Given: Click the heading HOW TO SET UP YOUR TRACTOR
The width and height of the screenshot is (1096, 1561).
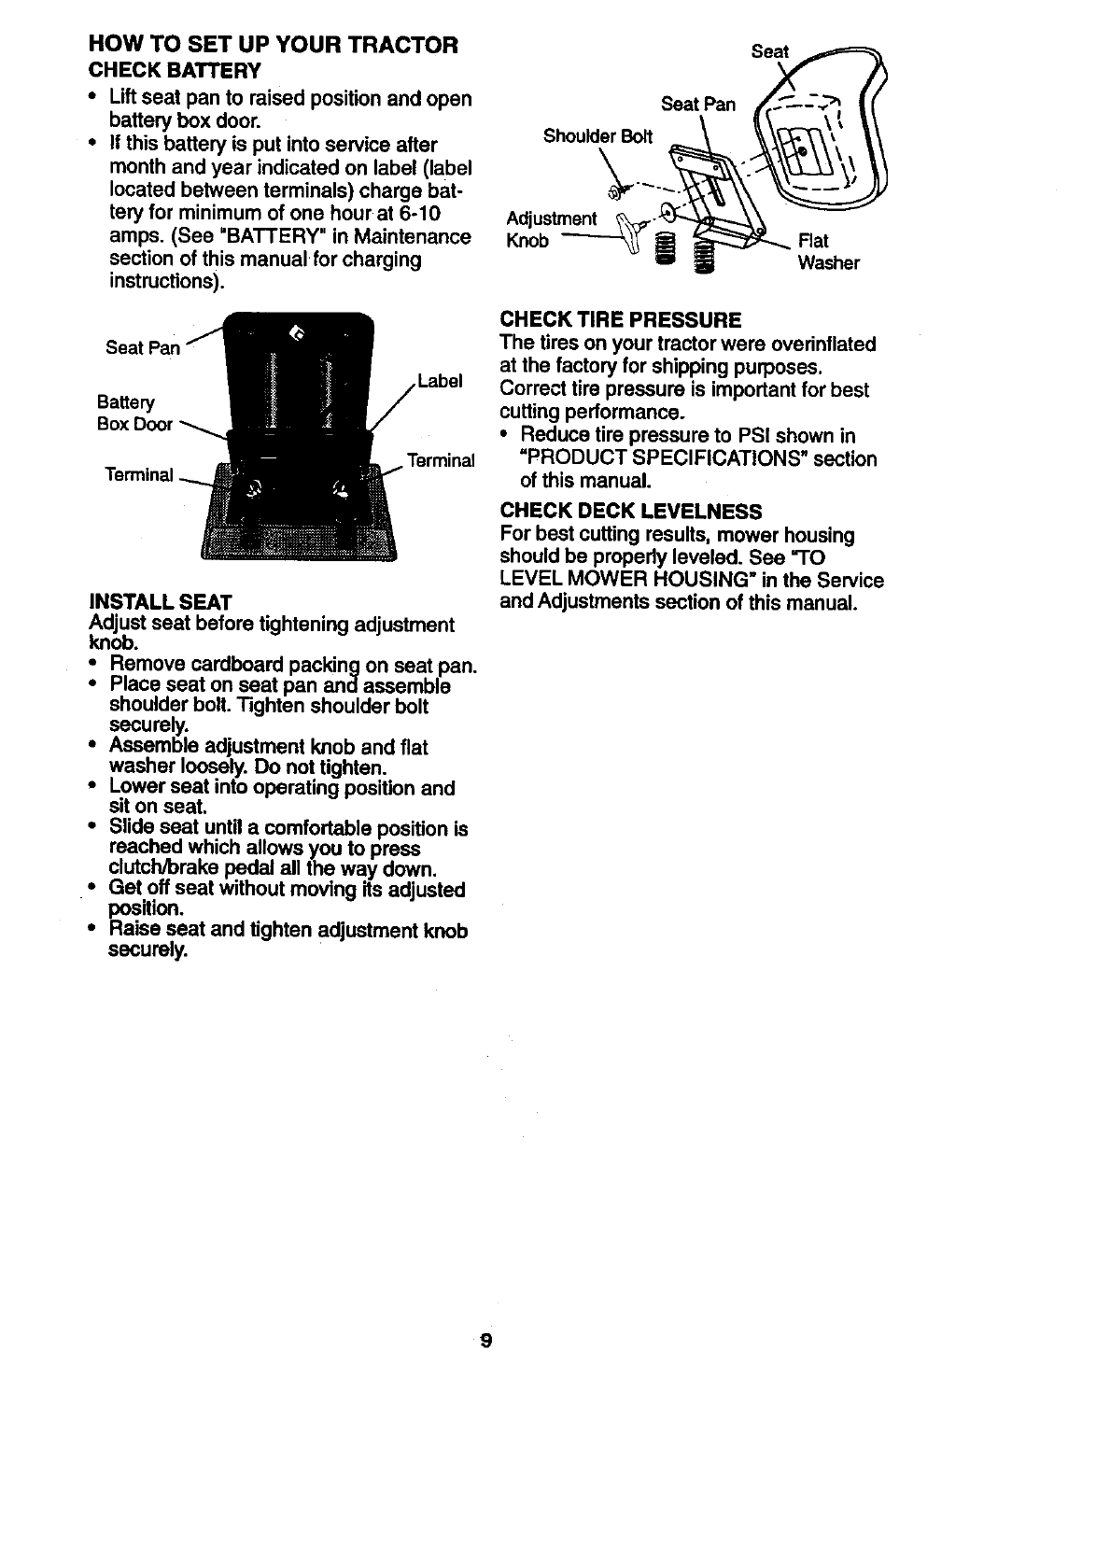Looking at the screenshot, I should (x=273, y=45).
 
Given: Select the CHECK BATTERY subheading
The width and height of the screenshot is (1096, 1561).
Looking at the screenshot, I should (x=175, y=71).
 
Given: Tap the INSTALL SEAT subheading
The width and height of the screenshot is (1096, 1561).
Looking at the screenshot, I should (x=160, y=599).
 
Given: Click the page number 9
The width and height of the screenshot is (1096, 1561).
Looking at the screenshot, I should (x=485, y=1343).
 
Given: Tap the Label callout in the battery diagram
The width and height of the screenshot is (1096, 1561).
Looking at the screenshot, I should (x=440, y=381).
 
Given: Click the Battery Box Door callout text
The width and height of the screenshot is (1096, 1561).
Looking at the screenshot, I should (x=133, y=414).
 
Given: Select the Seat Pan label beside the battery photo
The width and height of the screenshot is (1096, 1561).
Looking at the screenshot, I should (x=143, y=347).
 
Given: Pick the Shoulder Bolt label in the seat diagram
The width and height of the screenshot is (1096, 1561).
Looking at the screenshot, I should (x=598, y=136).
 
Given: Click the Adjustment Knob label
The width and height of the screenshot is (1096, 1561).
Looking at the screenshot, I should (x=551, y=230).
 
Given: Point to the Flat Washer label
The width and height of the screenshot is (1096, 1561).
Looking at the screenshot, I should (x=827, y=252).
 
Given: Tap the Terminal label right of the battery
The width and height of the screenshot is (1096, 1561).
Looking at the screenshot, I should (x=440, y=460).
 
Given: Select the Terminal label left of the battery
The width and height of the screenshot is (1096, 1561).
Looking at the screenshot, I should (x=139, y=474).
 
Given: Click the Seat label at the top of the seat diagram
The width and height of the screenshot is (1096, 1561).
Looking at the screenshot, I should (x=770, y=52).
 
